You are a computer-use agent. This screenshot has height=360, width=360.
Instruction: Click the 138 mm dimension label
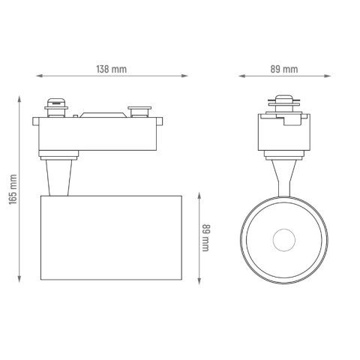pyautogui.click(x=112, y=69)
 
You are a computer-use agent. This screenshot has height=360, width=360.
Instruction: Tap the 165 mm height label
pyautogui.click(x=13, y=190)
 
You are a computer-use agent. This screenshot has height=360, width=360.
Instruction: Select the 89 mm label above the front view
pyautogui.click(x=284, y=69)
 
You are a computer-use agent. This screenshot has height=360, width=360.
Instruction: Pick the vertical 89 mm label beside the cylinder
pyautogui.click(x=206, y=238)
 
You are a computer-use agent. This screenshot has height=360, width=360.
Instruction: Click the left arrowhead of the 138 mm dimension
pyautogui.click(x=40, y=76)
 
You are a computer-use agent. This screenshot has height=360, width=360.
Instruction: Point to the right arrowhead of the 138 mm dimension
pyautogui.click(x=184, y=76)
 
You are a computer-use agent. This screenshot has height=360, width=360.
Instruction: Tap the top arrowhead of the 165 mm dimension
pyautogui.click(x=19, y=100)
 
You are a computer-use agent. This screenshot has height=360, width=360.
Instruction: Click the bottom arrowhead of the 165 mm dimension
pyautogui.click(x=19, y=279)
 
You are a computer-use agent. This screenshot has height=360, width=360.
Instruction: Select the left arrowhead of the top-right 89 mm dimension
pyautogui.click(x=241, y=76)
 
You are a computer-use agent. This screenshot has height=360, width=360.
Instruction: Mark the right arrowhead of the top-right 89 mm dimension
pyautogui.click(x=328, y=76)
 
